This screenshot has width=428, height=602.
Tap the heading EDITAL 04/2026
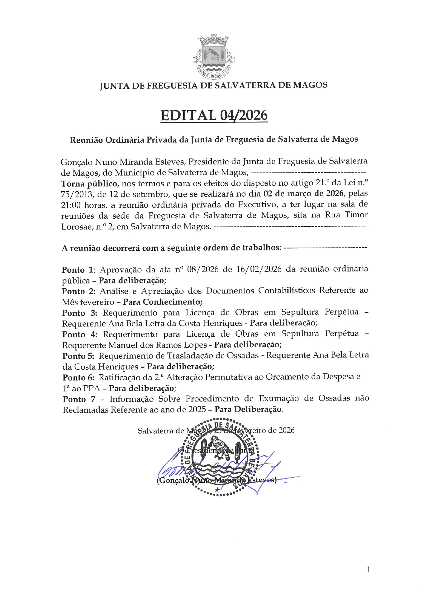214,116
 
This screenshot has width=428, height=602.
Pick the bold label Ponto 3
79,313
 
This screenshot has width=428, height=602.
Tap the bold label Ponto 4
79,334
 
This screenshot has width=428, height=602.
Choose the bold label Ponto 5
78,356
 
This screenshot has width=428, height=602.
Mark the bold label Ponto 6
78,377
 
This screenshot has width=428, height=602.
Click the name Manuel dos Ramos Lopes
157,345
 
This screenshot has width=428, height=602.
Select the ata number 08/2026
203,269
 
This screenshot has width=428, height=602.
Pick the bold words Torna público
89,183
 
